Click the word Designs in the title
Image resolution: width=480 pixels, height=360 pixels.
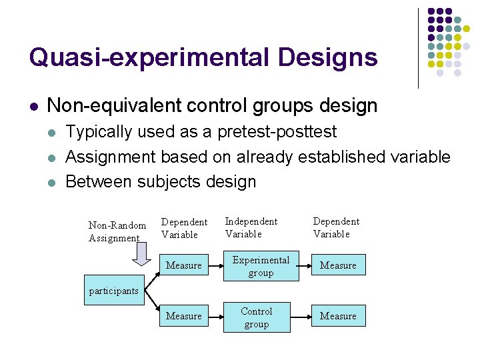click(x=328, y=58)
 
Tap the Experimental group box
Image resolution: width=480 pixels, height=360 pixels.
click(x=261, y=266)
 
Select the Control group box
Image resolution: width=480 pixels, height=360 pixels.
click(x=257, y=317)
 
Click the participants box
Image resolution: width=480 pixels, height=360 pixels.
click(x=114, y=291)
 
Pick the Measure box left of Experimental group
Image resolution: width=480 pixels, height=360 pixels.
click(x=183, y=265)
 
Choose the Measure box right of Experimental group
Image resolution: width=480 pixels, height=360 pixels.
click(x=338, y=265)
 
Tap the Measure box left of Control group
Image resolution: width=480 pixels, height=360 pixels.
click(x=183, y=316)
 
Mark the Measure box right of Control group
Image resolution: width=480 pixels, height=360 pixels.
click(x=338, y=316)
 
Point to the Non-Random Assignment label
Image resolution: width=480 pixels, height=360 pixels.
click(x=117, y=231)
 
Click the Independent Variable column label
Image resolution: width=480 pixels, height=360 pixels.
click(x=251, y=227)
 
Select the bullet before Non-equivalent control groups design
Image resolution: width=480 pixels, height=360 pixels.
click(x=33, y=106)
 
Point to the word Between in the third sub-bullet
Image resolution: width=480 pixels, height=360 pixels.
click(x=99, y=181)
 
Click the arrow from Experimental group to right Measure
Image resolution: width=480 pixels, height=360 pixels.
click(x=303, y=265)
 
